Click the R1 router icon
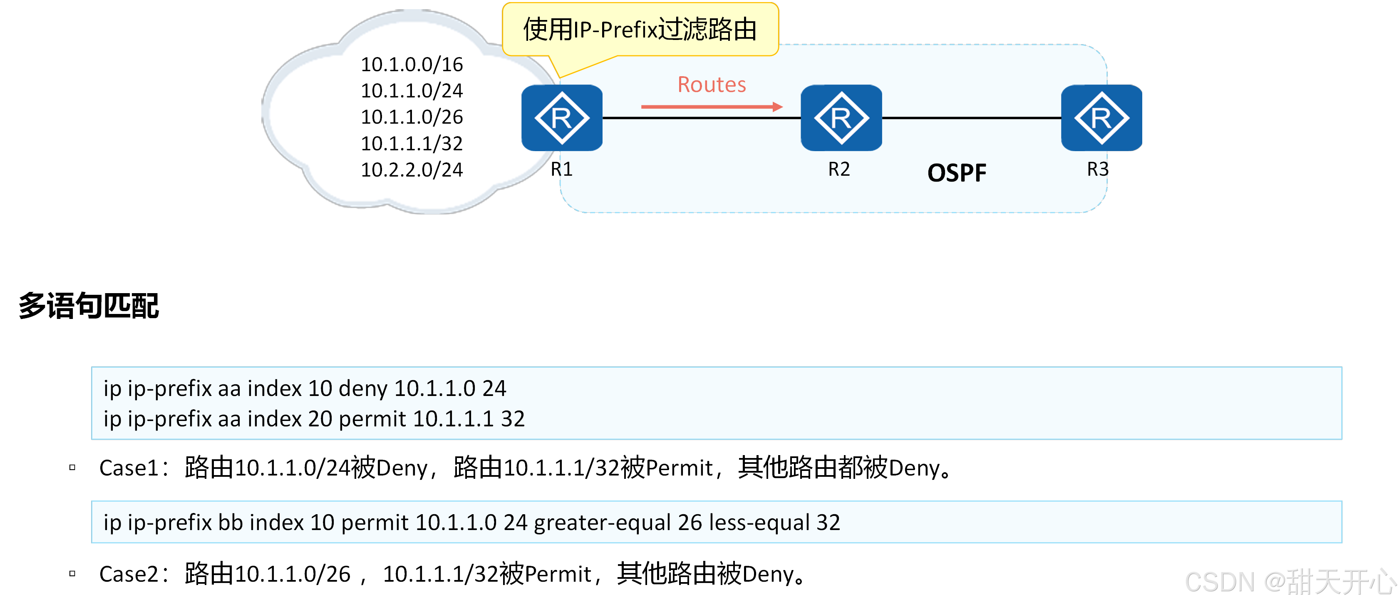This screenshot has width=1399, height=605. pos(561,118)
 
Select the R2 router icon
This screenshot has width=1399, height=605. pos(841,118)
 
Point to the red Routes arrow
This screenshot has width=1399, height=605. pos(712,107)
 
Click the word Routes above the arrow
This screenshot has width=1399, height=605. pos(712,85)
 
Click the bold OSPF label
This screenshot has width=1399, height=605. pos(956,173)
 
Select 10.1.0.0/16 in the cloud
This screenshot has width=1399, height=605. pos(412,65)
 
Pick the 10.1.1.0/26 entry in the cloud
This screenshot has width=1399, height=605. pos(412,117)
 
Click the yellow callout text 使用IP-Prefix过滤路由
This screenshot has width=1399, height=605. pos(640,29)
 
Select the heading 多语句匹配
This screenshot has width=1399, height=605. pos(89,306)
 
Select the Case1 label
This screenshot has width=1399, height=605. pos(129,468)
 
